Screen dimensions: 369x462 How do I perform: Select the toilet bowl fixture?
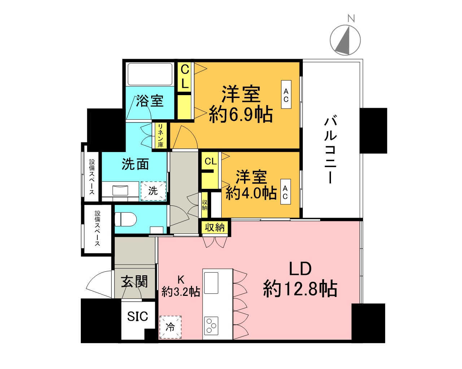click(x=125, y=219)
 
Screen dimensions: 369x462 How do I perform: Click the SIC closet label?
click(x=138, y=316)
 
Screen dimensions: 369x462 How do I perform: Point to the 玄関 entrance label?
click(x=134, y=281)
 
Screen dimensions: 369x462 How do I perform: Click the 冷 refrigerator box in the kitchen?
click(x=170, y=327)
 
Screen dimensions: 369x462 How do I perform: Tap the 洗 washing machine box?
click(x=153, y=191)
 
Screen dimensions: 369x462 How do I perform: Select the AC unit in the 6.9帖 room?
click(x=286, y=95)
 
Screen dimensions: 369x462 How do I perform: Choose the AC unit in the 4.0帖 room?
click(x=285, y=192)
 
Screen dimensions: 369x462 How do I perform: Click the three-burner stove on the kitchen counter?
click(x=211, y=325)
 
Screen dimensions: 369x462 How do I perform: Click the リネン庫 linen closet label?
click(x=160, y=135)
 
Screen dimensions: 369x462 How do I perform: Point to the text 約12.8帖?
click(x=300, y=289)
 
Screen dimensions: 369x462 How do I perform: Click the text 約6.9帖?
click(x=241, y=115)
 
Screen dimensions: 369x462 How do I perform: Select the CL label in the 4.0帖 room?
click(x=211, y=161)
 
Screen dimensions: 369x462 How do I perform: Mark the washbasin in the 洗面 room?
click(x=120, y=190)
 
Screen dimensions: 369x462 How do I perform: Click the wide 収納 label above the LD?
click(x=215, y=227)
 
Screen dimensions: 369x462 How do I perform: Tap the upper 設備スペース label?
click(x=92, y=177)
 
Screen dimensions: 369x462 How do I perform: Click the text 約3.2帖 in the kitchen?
click(x=181, y=291)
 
